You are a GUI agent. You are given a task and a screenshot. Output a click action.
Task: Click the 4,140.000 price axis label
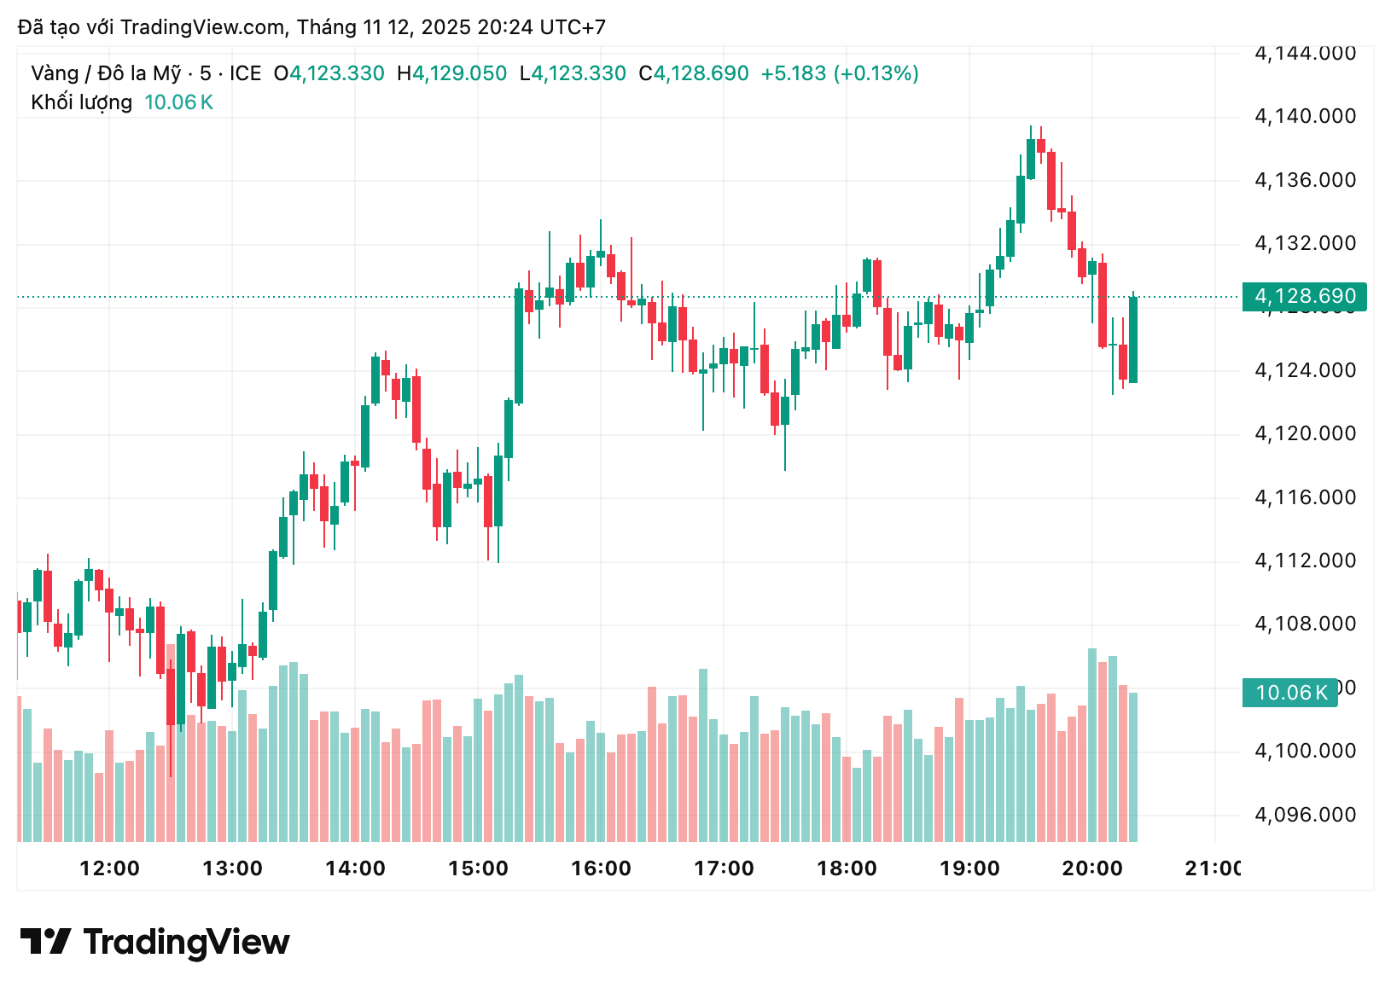pyautogui.click(x=1305, y=116)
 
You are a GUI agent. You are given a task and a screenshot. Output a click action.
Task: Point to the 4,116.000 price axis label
pyautogui.click(x=1305, y=497)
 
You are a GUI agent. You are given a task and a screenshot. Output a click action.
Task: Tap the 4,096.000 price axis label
pyautogui.click(x=1305, y=815)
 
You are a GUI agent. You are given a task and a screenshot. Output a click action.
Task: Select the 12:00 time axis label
pyautogui.click(x=109, y=868)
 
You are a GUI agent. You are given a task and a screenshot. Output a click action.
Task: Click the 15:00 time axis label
pyautogui.click(x=478, y=868)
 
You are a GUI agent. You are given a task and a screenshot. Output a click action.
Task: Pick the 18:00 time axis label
pyautogui.click(x=847, y=868)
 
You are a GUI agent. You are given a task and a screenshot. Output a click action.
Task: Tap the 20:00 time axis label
pyautogui.click(x=1092, y=868)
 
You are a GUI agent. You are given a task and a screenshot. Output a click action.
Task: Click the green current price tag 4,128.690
pyautogui.click(x=1304, y=296)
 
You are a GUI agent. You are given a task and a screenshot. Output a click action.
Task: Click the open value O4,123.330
pyautogui.click(x=329, y=73)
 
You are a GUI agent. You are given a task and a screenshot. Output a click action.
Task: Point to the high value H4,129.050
pyautogui.click(x=452, y=73)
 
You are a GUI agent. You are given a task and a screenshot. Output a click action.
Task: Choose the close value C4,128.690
pyautogui.click(x=694, y=73)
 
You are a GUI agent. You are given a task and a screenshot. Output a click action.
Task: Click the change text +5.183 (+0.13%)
pyautogui.click(x=840, y=73)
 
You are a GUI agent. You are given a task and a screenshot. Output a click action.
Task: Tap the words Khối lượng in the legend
pyautogui.click(x=82, y=102)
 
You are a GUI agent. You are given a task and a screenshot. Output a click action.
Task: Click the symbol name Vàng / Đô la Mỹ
pyautogui.click(x=106, y=73)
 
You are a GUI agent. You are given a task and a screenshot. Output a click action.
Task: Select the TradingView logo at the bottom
pyautogui.click(x=155, y=942)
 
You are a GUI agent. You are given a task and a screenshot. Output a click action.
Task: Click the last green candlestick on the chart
pyautogui.click(x=1133, y=339)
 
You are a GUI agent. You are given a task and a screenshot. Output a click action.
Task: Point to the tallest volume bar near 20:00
pyautogui.click(x=1092, y=744)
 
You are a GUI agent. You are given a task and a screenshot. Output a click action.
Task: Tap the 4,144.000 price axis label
pyautogui.click(x=1305, y=54)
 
